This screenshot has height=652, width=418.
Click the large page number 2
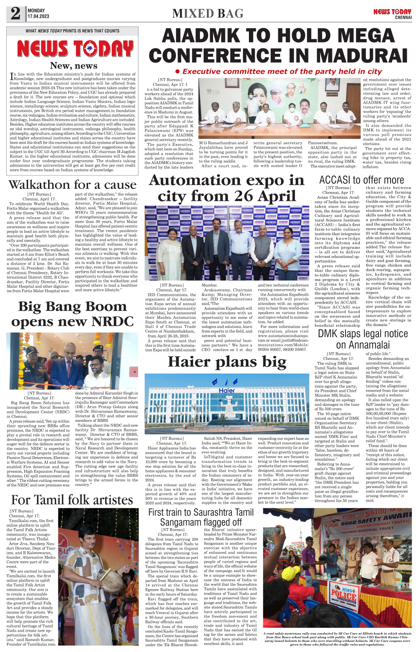[16, 14]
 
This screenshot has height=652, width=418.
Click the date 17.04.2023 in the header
[38, 16]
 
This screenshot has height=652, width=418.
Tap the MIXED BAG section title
[208, 14]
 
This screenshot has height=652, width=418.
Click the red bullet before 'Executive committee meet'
[178, 71]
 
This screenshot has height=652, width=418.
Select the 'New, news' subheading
[74, 66]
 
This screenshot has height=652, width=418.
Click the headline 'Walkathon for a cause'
[72, 185]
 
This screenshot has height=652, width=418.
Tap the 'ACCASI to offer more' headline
[362, 180]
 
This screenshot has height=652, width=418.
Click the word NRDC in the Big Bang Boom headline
[112, 321]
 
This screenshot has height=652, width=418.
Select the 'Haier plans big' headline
[227, 362]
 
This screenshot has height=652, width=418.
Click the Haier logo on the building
[227, 391]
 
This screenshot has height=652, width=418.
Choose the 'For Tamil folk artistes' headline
[72, 500]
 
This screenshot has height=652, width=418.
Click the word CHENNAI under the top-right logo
[403, 18]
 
